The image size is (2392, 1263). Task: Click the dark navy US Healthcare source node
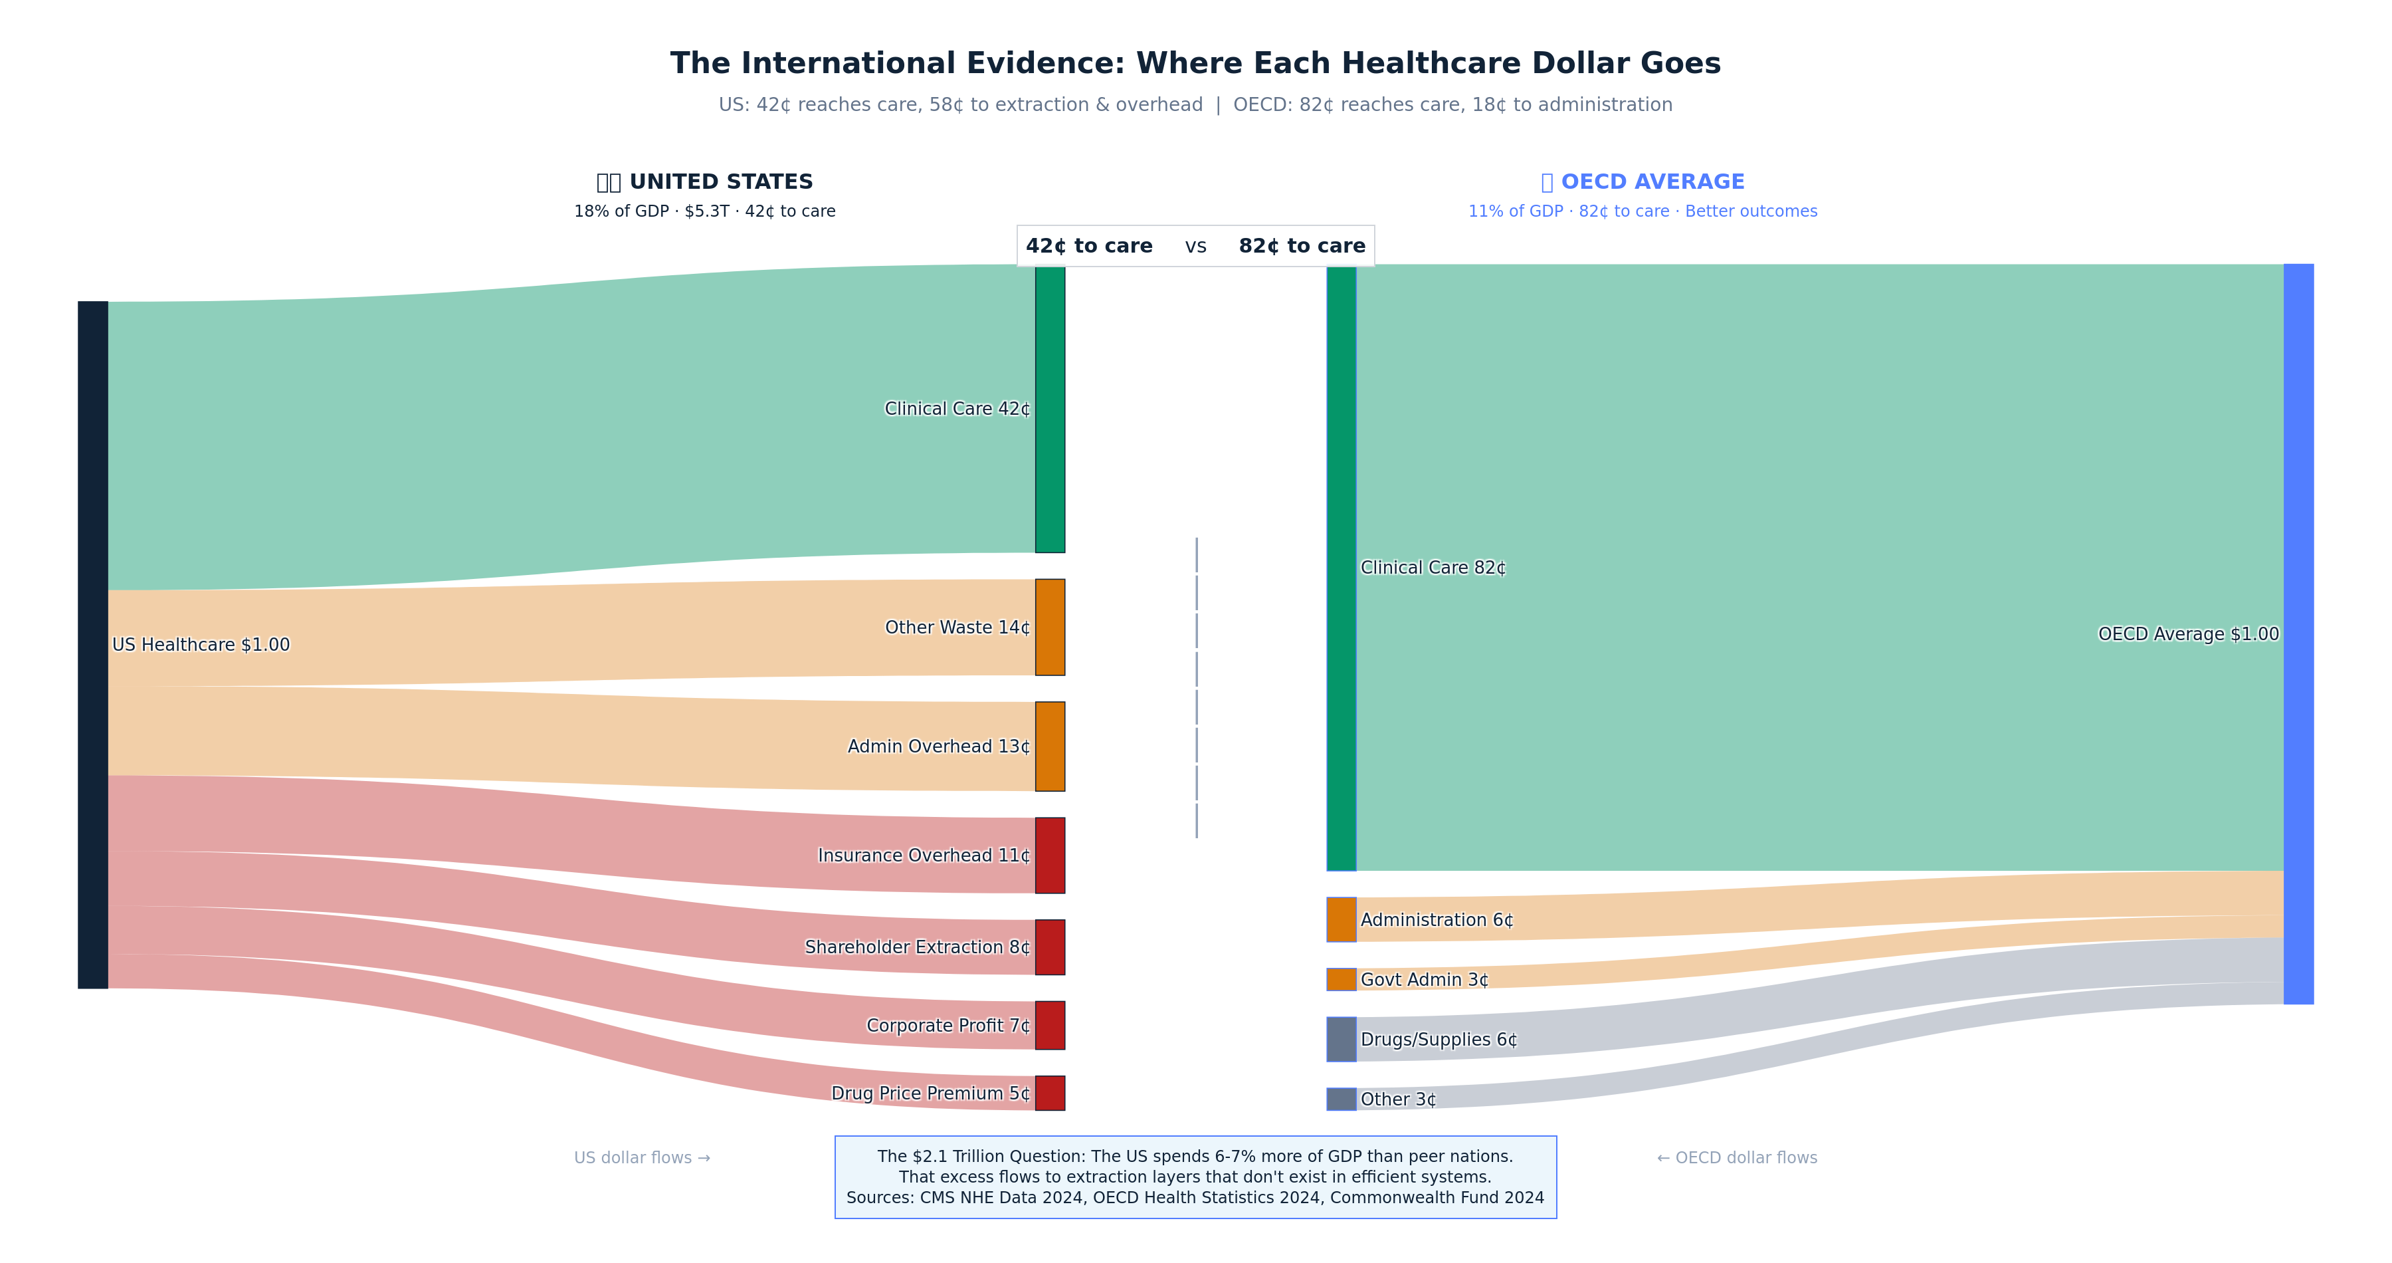point(93,645)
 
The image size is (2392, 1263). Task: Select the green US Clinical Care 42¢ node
point(1050,409)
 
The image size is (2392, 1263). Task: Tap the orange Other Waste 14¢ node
point(1050,627)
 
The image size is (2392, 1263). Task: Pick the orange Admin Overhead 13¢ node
point(1050,746)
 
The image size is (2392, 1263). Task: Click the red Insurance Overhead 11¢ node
point(1050,856)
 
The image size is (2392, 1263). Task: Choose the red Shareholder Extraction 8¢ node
point(1050,947)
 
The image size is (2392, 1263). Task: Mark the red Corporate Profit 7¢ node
point(1050,1025)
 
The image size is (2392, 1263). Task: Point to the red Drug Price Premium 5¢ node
point(1050,1093)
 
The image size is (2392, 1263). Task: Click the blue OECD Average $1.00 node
point(2298,633)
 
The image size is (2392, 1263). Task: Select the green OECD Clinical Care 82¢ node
point(1341,568)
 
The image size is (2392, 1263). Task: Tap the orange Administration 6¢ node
point(1341,919)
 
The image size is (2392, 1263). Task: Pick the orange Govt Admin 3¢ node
point(1341,978)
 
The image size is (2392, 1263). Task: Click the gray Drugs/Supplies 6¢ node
point(1341,1039)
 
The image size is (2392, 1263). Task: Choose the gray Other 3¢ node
point(1341,1099)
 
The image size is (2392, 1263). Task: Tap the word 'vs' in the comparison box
point(1196,246)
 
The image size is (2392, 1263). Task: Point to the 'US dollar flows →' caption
point(642,1158)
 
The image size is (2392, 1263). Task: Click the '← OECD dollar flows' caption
point(1736,1158)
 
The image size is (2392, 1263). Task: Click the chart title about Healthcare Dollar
point(1195,63)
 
